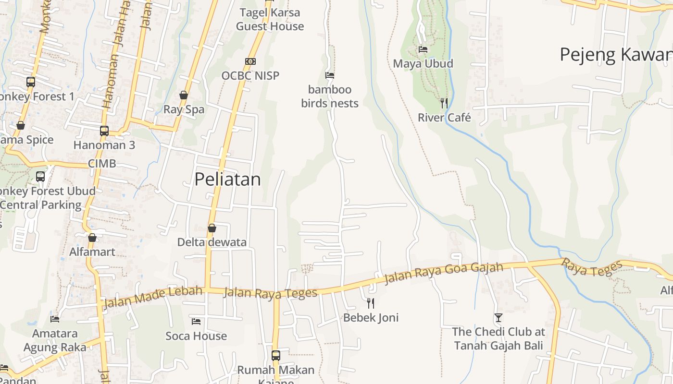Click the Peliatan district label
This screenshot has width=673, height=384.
tap(227, 180)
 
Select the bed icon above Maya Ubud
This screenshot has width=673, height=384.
tap(423, 49)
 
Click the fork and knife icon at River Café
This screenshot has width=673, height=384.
tap(444, 103)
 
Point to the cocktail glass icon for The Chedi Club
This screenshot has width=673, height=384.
tap(499, 318)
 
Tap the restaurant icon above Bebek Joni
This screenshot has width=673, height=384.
tap(371, 303)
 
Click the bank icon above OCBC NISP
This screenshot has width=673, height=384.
tap(250, 61)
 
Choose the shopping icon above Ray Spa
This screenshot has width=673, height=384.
tap(184, 95)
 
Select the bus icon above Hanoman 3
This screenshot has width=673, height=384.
tap(104, 131)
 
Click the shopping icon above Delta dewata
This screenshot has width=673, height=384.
tap(212, 228)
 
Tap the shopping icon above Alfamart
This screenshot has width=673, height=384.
tap(92, 238)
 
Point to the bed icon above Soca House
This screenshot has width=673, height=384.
tap(196, 321)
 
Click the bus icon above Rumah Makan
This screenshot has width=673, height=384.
tap(276, 356)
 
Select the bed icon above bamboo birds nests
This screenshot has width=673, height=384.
tap(330, 75)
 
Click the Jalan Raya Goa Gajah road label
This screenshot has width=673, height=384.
tap(444, 273)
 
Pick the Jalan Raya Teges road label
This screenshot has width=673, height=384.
tap(270, 292)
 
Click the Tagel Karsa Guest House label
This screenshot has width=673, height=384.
tap(270, 19)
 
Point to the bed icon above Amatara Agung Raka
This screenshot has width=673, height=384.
tap(55, 319)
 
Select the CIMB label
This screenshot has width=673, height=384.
tap(102, 164)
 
